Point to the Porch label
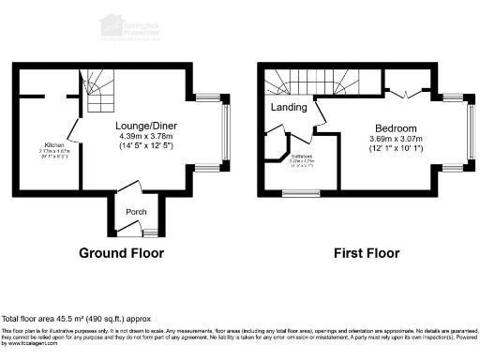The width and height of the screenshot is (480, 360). tap(135, 210)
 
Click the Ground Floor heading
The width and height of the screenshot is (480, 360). tap(121, 253)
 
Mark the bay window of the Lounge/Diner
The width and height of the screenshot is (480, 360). tap(224, 132)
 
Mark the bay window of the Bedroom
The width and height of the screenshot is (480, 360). tap(471, 132)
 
